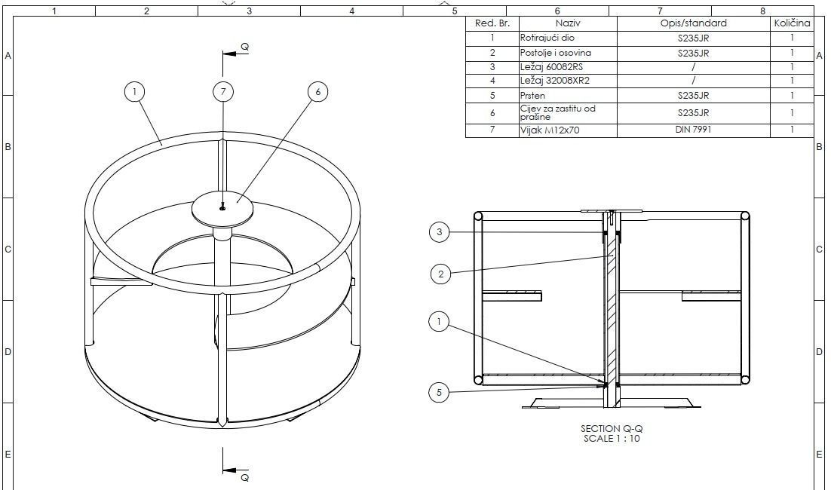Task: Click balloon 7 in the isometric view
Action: coord(222,92)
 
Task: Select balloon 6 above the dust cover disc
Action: coord(318,92)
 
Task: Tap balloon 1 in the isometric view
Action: coord(134,92)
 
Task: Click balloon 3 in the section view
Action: coord(440,232)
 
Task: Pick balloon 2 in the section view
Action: coord(441,274)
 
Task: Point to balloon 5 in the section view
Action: coord(440,392)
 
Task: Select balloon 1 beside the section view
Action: coord(439,323)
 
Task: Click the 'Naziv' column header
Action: coord(567,23)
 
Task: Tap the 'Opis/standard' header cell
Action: coord(694,23)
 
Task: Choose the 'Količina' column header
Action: coord(792,23)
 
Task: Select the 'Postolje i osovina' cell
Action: coord(556,53)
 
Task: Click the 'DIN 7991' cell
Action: coord(694,130)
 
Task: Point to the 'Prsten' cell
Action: coord(532,96)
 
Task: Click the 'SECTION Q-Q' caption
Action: coord(612,428)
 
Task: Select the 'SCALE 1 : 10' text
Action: coord(612,438)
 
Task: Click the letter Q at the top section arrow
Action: coord(244,47)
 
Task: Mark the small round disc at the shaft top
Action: coord(222,207)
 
